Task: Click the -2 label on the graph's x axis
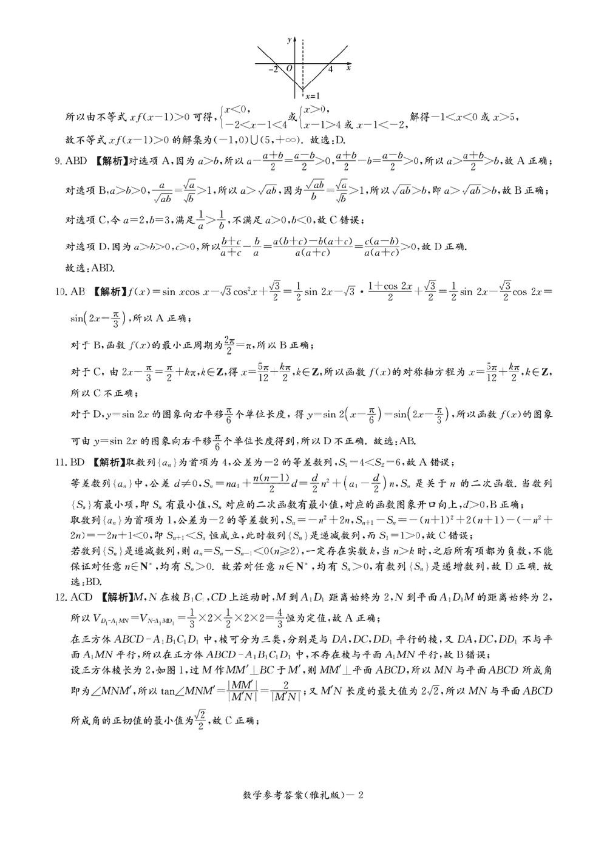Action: click(x=273, y=70)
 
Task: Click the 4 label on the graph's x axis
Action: click(x=330, y=70)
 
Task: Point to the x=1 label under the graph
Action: click(x=312, y=96)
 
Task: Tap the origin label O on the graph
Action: click(x=289, y=69)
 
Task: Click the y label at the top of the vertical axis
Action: click(x=289, y=40)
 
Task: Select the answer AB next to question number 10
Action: click(x=78, y=291)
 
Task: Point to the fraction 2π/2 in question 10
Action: click(x=229, y=344)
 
